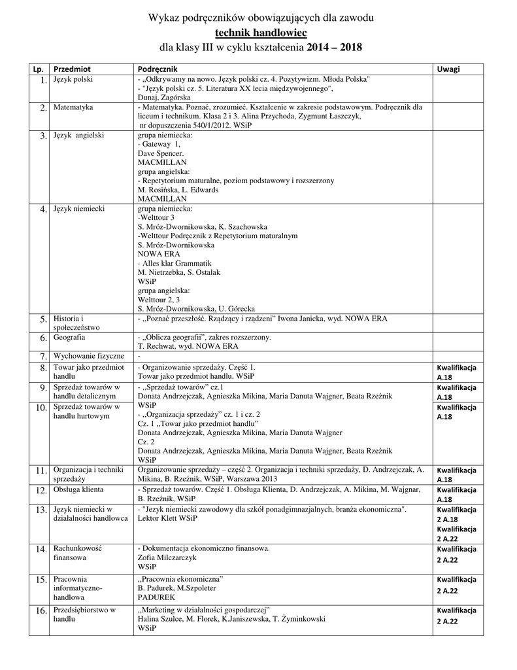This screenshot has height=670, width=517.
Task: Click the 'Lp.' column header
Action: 38,68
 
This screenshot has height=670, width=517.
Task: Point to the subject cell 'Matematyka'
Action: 73,106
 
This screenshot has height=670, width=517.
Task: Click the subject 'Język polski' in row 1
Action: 73,79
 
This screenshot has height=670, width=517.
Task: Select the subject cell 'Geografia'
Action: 71,338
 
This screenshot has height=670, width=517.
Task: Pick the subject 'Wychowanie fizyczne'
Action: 89,356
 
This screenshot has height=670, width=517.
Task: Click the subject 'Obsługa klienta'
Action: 79,489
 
